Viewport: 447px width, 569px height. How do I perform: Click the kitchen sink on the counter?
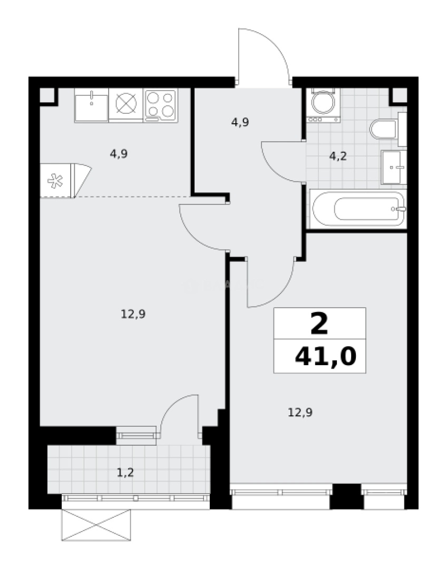(x=92, y=105)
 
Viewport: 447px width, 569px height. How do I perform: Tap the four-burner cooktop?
(x=161, y=104)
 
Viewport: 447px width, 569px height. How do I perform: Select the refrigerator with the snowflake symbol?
(x=56, y=181)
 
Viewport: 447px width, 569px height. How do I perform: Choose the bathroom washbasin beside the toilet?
(x=394, y=167)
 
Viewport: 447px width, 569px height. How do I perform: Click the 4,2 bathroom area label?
(x=338, y=156)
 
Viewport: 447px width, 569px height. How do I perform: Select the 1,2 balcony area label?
(x=125, y=472)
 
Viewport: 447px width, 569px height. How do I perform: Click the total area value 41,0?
(x=325, y=357)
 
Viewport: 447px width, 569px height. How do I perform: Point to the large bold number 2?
(x=319, y=323)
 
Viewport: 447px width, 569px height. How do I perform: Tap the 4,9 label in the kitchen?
(x=119, y=154)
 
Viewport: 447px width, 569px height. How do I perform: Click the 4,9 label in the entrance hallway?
(x=240, y=122)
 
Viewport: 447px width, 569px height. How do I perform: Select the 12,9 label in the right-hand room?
(x=299, y=411)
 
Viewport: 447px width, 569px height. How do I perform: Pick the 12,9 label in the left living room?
(x=133, y=314)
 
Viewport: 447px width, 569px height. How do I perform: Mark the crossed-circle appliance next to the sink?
(x=126, y=104)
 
